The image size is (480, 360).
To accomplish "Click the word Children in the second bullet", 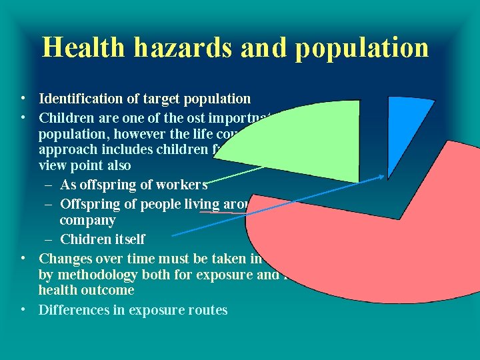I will click(x=65, y=119).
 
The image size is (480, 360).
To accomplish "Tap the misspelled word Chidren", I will click(x=83, y=239).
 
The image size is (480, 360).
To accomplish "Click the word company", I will click(x=87, y=220).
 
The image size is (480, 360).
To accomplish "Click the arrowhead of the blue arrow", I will click(x=383, y=177).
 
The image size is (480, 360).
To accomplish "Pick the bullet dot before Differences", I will click(x=23, y=309).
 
